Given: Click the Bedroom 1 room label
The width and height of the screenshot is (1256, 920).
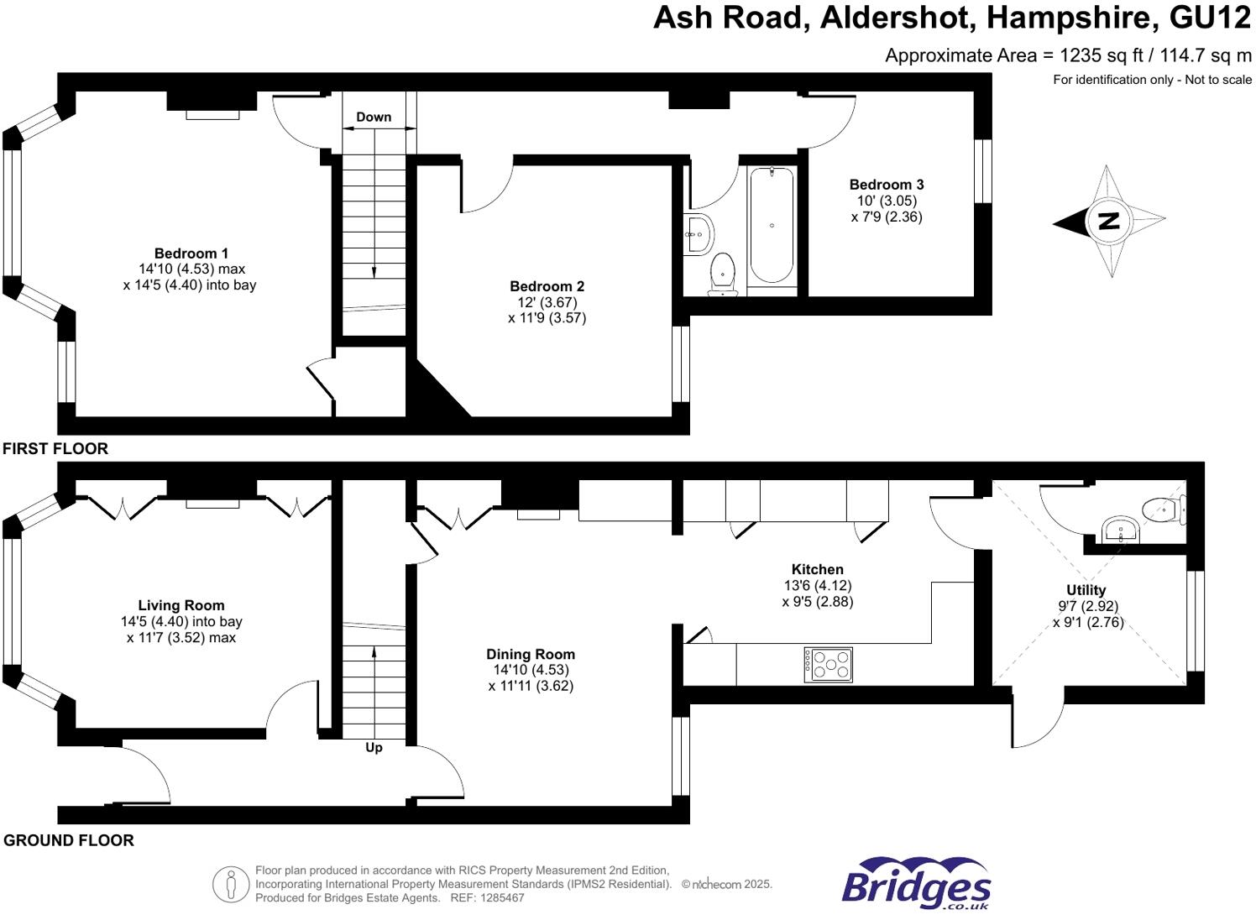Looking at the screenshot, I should point(191,254).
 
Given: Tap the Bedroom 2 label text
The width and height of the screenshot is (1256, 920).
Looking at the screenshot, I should point(547,286).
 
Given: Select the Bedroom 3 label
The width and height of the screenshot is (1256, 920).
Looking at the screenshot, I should point(886,185).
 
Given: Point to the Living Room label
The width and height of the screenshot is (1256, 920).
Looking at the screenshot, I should point(181,605).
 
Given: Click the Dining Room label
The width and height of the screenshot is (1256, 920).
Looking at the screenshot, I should point(531,654).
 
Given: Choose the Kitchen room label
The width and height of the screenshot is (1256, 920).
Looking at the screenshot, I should point(817,569).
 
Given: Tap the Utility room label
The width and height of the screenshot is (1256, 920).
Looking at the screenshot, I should point(1086,590).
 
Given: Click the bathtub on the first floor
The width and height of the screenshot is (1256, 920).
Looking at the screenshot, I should point(772,225).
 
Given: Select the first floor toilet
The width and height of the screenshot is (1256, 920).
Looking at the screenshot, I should point(723,273).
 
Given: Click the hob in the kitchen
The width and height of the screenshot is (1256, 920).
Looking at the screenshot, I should point(828,664).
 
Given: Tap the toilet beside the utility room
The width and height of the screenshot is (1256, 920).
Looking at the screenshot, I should point(1163,509).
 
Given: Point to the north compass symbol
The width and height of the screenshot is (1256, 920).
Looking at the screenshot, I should point(1109,222).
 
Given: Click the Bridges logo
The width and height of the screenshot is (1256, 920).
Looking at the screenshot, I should point(916,883).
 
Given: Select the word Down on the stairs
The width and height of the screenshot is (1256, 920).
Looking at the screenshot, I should point(374,118).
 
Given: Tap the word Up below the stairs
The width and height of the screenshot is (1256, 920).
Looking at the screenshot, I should point(374,747).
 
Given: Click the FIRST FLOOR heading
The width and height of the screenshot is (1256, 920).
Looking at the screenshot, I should point(55,448).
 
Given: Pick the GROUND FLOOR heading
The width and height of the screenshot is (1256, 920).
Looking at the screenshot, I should point(69,840).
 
